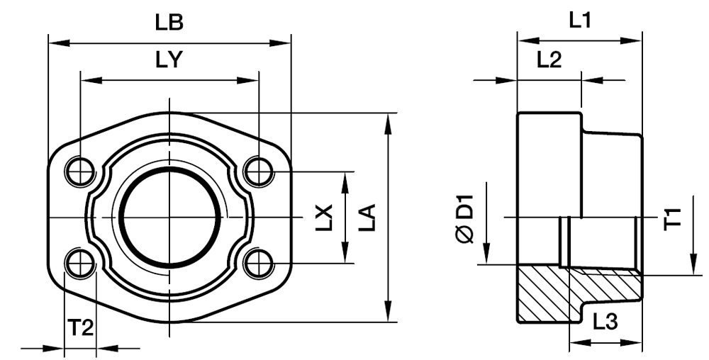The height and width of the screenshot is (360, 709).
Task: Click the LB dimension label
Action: (169, 23)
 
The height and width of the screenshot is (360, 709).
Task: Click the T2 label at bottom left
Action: (80, 327)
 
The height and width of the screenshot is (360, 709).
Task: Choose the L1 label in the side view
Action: (580, 20)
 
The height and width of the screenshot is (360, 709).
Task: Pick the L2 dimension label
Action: (549, 60)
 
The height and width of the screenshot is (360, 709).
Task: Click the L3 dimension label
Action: (605, 322)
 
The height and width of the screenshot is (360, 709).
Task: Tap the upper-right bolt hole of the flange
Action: (259, 170)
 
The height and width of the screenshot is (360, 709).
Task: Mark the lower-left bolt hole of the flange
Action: (80, 263)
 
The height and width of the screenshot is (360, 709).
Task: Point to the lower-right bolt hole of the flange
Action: (259, 263)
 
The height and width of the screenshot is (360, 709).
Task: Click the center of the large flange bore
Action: (170, 216)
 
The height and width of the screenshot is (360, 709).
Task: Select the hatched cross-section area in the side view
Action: (546, 294)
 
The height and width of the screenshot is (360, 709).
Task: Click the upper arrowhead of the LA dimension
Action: (388, 122)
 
